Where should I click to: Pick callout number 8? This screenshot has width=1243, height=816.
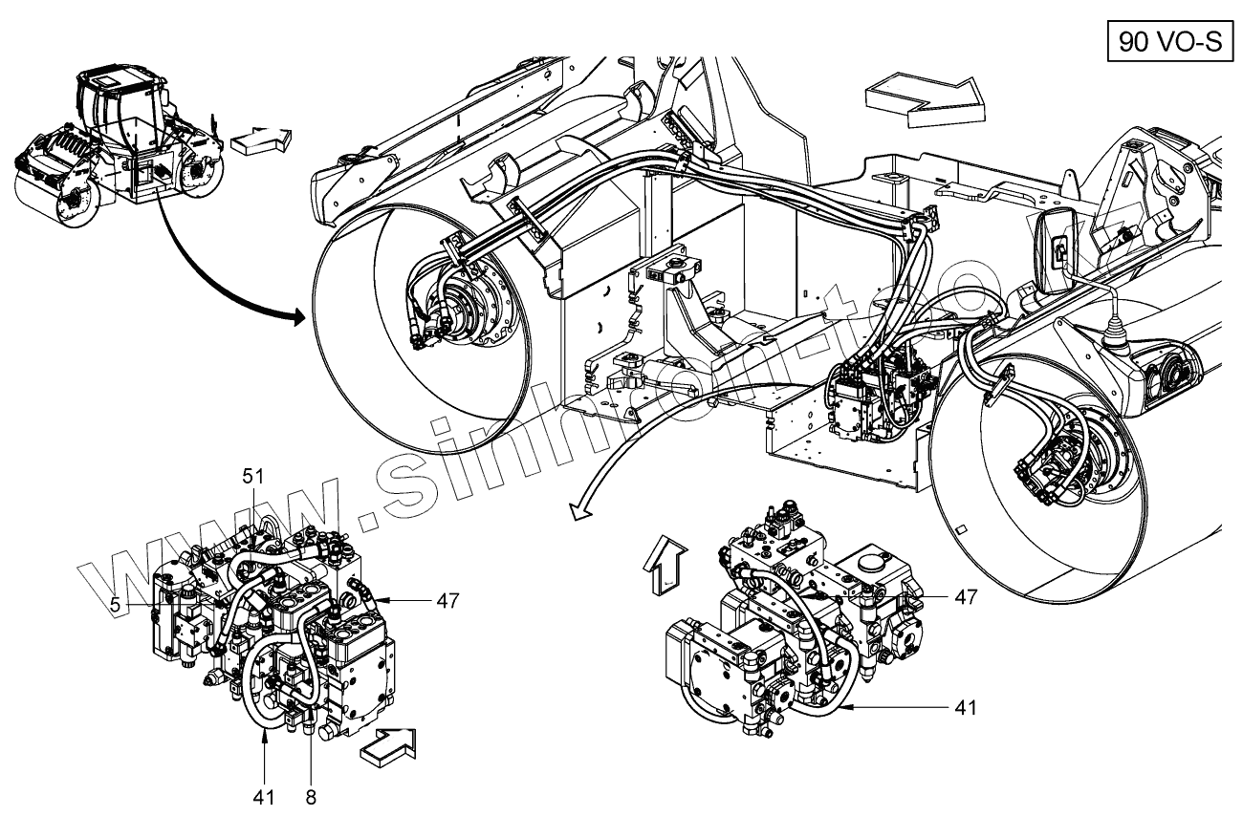311,795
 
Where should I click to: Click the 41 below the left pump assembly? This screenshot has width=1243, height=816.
264,795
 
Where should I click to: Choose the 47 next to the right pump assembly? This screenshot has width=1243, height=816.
966,596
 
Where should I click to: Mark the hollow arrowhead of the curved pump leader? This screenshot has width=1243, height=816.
577,515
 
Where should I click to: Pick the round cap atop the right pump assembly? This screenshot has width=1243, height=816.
874,560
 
